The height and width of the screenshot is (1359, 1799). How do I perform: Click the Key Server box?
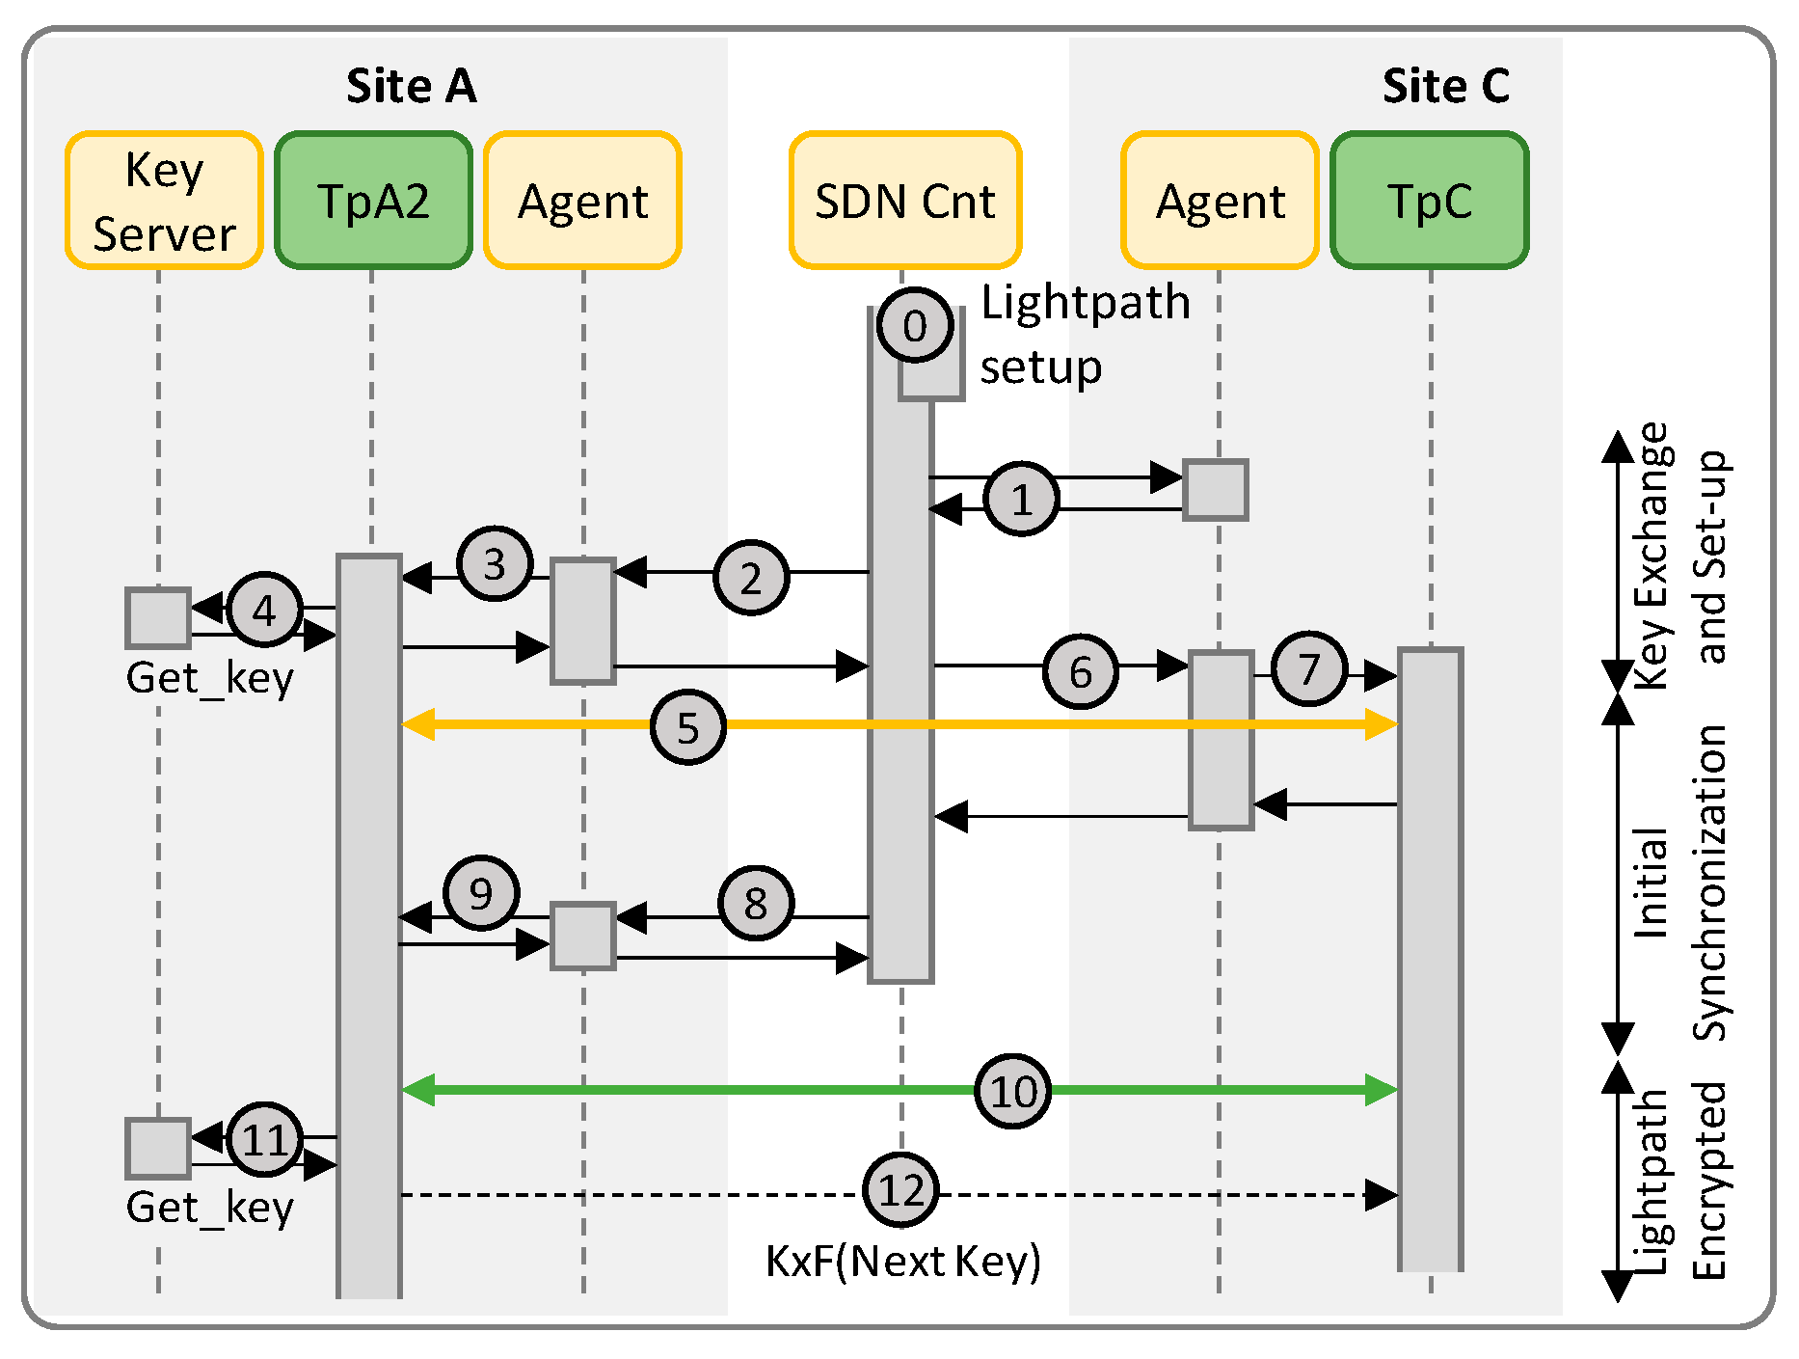(164, 201)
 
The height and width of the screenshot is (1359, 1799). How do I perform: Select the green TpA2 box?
(373, 201)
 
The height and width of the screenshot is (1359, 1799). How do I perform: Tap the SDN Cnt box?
(904, 201)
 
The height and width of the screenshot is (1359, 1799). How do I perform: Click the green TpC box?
(1430, 201)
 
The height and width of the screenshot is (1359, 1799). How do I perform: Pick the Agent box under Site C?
(1220, 201)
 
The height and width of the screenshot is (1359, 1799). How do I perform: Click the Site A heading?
(412, 86)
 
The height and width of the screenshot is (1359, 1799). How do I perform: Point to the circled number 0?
(915, 326)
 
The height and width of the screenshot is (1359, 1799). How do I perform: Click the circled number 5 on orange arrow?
(687, 727)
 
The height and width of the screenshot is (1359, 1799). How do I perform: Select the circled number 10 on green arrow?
(1012, 1091)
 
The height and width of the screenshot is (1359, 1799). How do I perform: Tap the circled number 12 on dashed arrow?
(901, 1189)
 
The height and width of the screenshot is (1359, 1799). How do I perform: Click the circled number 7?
(1308, 668)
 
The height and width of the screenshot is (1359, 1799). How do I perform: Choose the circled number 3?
(495, 564)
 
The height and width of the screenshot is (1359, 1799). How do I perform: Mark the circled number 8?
(756, 903)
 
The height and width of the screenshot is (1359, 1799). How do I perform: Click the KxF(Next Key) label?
(903, 1261)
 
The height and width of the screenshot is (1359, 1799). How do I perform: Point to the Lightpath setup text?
(1085, 335)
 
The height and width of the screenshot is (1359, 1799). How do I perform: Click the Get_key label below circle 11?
(209, 1207)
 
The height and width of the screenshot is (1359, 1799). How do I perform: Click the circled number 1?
(1022, 499)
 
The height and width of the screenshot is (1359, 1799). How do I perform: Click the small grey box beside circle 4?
(158, 617)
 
